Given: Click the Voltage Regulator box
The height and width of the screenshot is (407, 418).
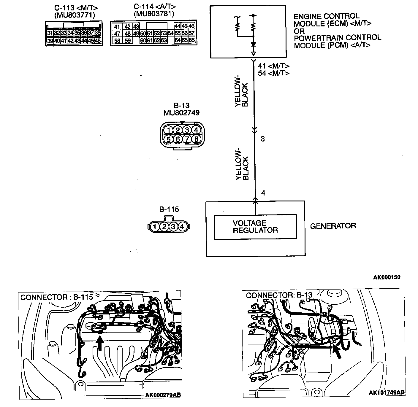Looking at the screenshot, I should pos(255,227).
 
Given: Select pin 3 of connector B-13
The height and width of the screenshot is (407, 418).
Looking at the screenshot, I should pos(187,130).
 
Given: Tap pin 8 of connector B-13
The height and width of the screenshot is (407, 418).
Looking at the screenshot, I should pos(196,139).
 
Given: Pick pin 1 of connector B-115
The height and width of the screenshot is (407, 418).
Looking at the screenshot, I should pos(155,227).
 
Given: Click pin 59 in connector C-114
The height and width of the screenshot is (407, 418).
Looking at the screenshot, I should pos(128,40).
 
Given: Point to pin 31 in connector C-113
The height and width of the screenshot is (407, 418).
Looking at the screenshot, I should pos(50,33).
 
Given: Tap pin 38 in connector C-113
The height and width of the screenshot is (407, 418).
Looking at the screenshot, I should pos(97,33).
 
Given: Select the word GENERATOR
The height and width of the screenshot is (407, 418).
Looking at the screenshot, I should pos(333,226).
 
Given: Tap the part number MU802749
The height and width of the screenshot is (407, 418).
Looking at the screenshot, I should pos(181,113).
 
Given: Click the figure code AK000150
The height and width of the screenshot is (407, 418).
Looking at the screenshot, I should pos(387,277).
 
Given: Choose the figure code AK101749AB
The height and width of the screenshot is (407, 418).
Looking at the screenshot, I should pos(387,392).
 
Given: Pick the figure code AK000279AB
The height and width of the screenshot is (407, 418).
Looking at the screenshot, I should pos(163,395).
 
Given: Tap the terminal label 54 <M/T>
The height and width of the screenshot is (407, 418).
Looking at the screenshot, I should pos(273,73).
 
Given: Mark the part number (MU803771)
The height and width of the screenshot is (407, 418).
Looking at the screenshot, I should pos(75,14).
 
